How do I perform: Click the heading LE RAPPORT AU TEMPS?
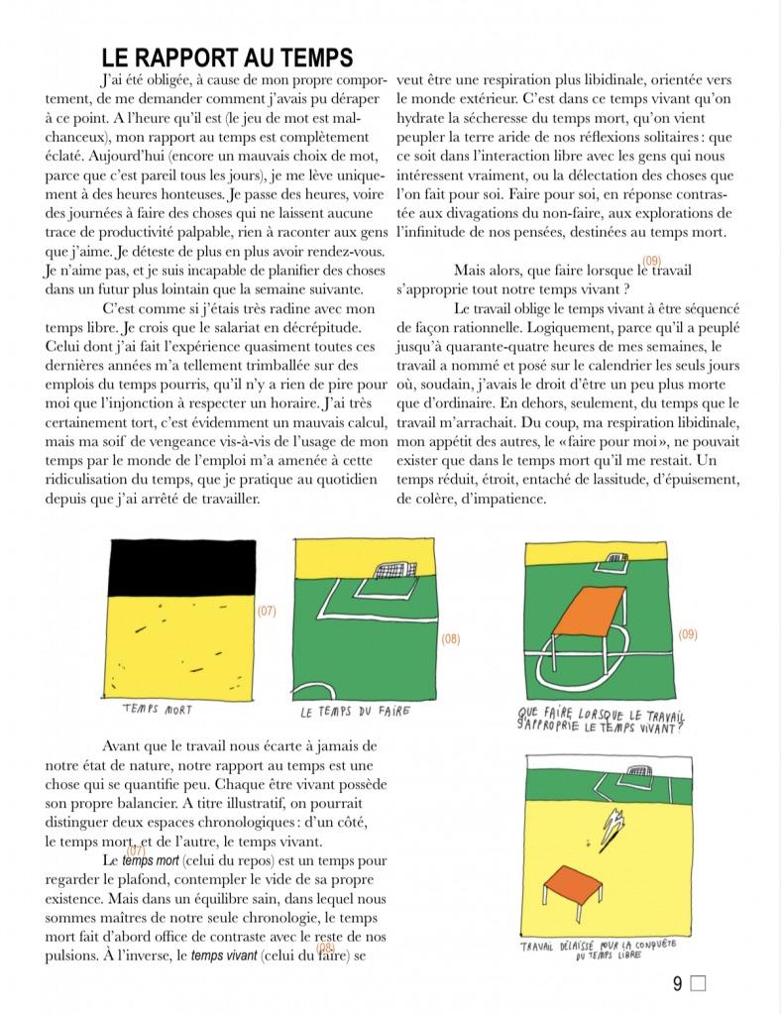pos(227,58)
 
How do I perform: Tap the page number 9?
pos(678,984)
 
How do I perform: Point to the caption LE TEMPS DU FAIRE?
pos(355,712)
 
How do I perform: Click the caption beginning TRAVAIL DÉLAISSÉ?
pos(606,950)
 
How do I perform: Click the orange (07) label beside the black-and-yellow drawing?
pos(267,612)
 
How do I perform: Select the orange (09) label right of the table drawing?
pos(689,633)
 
